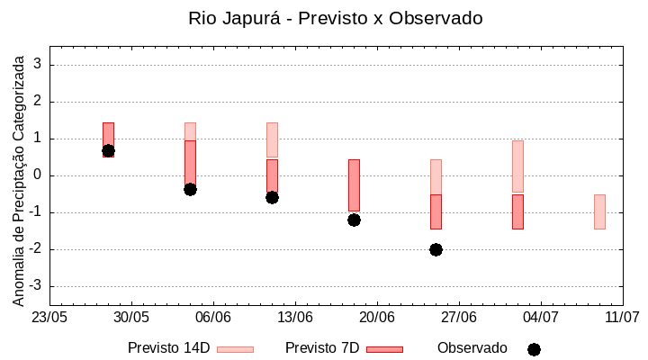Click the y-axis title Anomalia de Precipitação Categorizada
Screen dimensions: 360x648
coord(18,177)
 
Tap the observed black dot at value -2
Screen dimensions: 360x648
coord(436,249)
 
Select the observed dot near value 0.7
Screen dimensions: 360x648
coord(108,150)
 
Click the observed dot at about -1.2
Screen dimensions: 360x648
coord(354,220)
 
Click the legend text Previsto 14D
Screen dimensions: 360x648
coord(168,348)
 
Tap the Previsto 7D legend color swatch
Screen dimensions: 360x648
coord(384,348)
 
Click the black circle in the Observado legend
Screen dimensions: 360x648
coord(534,349)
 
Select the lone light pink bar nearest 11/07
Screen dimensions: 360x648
coord(599,211)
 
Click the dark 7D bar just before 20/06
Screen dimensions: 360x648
coord(354,184)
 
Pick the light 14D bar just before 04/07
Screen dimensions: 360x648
coord(517,166)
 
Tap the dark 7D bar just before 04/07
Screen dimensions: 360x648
coord(517,211)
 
